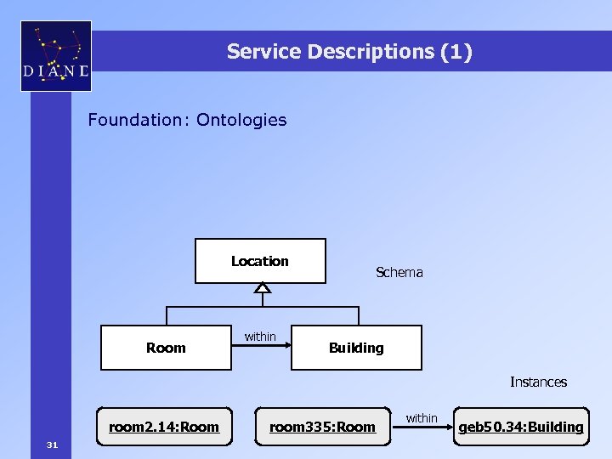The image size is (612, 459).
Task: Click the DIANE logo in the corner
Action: pyautogui.click(x=55, y=55)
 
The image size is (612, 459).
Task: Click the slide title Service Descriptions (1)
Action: pyautogui.click(x=348, y=52)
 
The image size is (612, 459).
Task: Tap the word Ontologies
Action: pyautogui.click(x=241, y=120)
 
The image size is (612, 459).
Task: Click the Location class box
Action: pyautogui.click(x=260, y=261)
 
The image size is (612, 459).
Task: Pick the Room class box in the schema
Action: pyautogui.click(x=166, y=348)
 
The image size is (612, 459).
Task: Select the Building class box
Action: pyautogui.click(x=356, y=348)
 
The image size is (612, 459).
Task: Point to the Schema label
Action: pyautogui.click(x=399, y=272)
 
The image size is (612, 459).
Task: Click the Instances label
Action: pyautogui.click(x=538, y=382)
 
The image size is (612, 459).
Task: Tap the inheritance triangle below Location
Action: pyautogui.click(x=262, y=289)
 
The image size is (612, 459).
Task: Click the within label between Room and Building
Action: pyautogui.click(x=260, y=337)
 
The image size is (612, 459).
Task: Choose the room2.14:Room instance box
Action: pyautogui.click(x=164, y=427)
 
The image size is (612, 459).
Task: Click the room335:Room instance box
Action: pyautogui.click(x=322, y=427)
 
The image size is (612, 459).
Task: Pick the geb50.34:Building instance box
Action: pyautogui.click(x=521, y=427)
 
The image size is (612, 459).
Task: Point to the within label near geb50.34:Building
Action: pyautogui.click(x=422, y=417)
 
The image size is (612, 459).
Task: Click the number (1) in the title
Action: pyautogui.click(x=456, y=52)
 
